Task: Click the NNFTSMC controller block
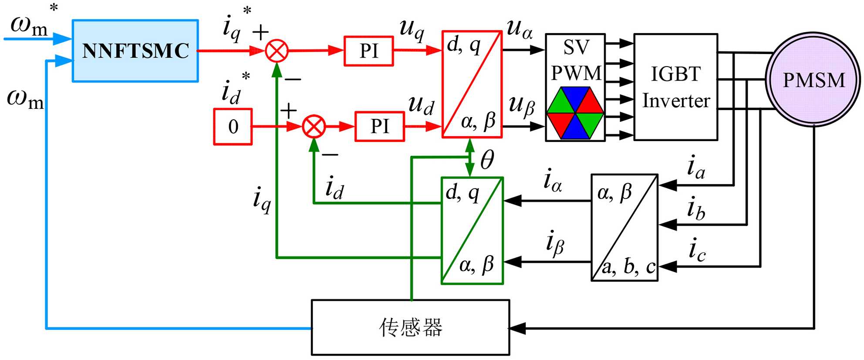click(135, 50)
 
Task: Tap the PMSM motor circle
click(813, 80)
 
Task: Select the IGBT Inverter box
click(675, 87)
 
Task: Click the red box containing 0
click(233, 127)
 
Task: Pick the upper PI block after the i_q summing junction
click(369, 51)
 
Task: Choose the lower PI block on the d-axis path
click(380, 127)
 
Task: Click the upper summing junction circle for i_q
click(277, 51)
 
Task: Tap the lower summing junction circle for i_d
click(314, 127)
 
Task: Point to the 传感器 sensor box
click(410, 327)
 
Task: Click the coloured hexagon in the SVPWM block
click(575, 113)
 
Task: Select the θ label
click(487, 160)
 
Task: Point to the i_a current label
click(696, 168)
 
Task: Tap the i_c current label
click(697, 250)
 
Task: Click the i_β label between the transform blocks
click(555, 243)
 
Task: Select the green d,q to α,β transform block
click(472, 231)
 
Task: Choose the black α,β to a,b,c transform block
click(624, 228)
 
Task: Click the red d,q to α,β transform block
click(472, 84)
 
